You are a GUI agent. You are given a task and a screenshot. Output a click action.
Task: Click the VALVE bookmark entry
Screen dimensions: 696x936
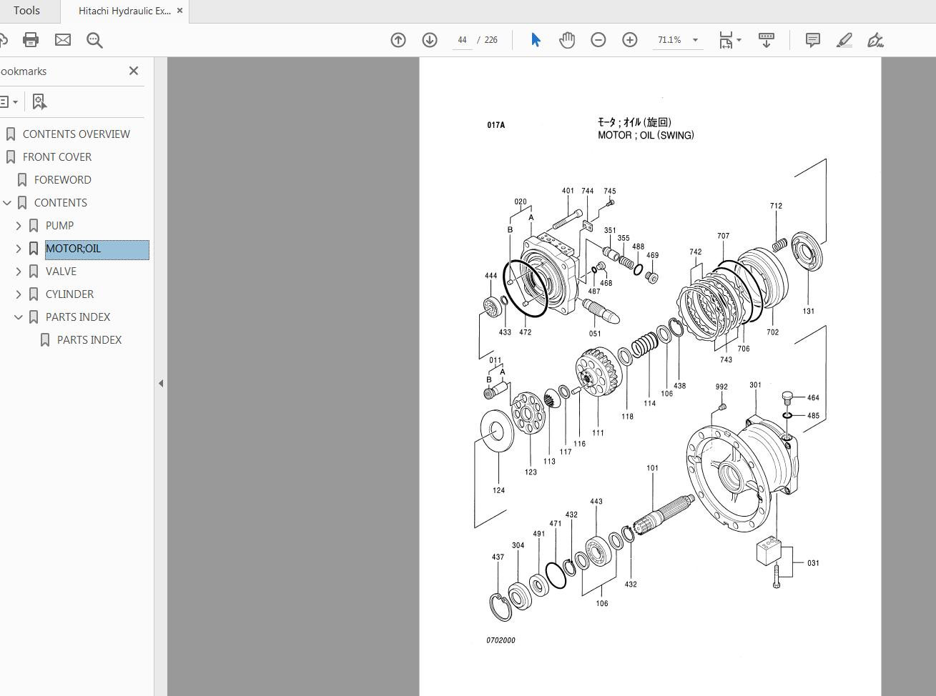61,272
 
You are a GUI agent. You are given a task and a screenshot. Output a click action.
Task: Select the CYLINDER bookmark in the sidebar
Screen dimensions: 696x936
69,294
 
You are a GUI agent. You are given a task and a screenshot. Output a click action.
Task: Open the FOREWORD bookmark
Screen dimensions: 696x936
62,180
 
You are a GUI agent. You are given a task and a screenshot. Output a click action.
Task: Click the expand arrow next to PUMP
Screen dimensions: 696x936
19,226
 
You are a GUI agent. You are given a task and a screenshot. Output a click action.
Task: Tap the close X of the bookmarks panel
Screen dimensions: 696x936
134,71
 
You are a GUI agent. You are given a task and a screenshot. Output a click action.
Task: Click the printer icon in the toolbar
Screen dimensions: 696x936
31,40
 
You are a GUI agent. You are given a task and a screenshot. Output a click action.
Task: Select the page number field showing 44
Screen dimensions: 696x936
462,40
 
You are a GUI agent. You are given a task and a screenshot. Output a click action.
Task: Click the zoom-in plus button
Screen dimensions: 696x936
629,40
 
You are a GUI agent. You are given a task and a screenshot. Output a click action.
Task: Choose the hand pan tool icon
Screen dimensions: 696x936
567,40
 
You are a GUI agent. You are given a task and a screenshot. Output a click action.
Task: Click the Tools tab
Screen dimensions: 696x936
27,11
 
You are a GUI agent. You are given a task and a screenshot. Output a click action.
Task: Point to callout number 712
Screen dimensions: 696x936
776,206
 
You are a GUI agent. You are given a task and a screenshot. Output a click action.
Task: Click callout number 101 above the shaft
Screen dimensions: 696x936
652,468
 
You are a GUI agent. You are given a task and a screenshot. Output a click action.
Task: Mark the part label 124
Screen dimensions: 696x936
498,490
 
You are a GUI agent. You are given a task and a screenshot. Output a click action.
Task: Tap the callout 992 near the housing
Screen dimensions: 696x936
721,387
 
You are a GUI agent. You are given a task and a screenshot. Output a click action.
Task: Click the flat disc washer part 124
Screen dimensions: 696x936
496,431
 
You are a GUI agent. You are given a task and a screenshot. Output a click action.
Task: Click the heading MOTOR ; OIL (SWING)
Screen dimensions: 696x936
646,135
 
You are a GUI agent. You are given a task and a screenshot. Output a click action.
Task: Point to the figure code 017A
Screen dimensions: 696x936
496,125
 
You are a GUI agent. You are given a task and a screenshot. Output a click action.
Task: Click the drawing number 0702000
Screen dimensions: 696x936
501,640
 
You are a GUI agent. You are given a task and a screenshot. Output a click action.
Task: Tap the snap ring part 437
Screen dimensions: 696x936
500,607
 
